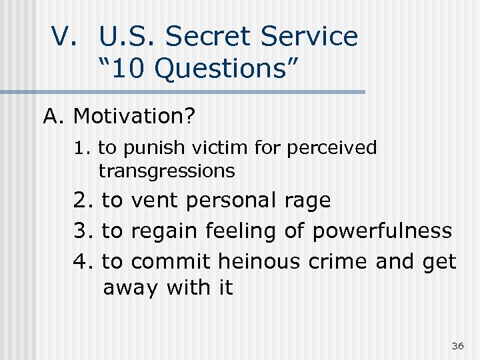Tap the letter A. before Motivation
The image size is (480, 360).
(54, 117)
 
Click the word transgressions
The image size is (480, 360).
(167, 171)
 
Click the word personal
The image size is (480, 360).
(233, 200)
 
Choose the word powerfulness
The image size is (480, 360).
(381, 231)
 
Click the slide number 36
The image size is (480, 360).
(457, 345)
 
